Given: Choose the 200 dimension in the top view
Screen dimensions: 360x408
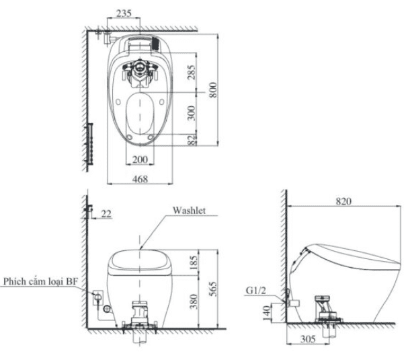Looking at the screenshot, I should click(x=140, y=159).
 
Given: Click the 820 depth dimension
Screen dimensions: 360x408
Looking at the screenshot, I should click(x=345, y=201).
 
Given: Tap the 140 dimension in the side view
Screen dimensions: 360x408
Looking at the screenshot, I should click(x=266, y=310).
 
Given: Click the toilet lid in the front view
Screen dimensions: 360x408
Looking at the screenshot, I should click(x=140, y=261).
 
